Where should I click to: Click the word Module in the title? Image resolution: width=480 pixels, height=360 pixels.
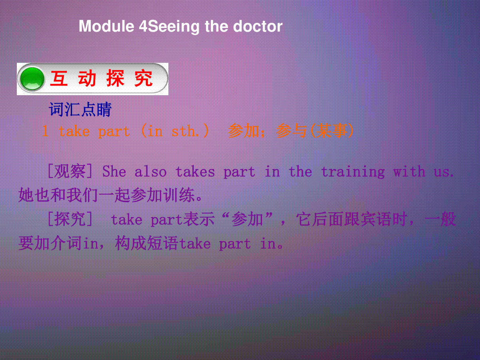tap(106, 26)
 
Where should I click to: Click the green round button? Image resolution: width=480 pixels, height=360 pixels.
tap(32, 79)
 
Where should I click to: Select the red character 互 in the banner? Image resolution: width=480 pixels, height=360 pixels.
tap(59, 78)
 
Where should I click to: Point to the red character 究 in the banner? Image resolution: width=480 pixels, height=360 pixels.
tap(143, 78)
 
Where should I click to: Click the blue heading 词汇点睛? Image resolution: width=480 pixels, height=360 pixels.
tap(80, 109)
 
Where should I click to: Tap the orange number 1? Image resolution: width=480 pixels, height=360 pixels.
tap(45, 131)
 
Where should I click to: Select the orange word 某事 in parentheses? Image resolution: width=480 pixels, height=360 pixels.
tap(332, 131)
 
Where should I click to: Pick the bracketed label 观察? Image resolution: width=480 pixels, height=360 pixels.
tap(70, 171)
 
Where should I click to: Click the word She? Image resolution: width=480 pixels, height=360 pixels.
tap(114, 171)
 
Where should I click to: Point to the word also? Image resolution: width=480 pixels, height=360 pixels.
tap(150, 171)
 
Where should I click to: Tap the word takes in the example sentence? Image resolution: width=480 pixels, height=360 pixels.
tap(195, 171)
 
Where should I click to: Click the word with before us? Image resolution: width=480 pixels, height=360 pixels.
tap(409, 171)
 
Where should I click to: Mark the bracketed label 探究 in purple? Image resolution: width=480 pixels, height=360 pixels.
tap(70, 219)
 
